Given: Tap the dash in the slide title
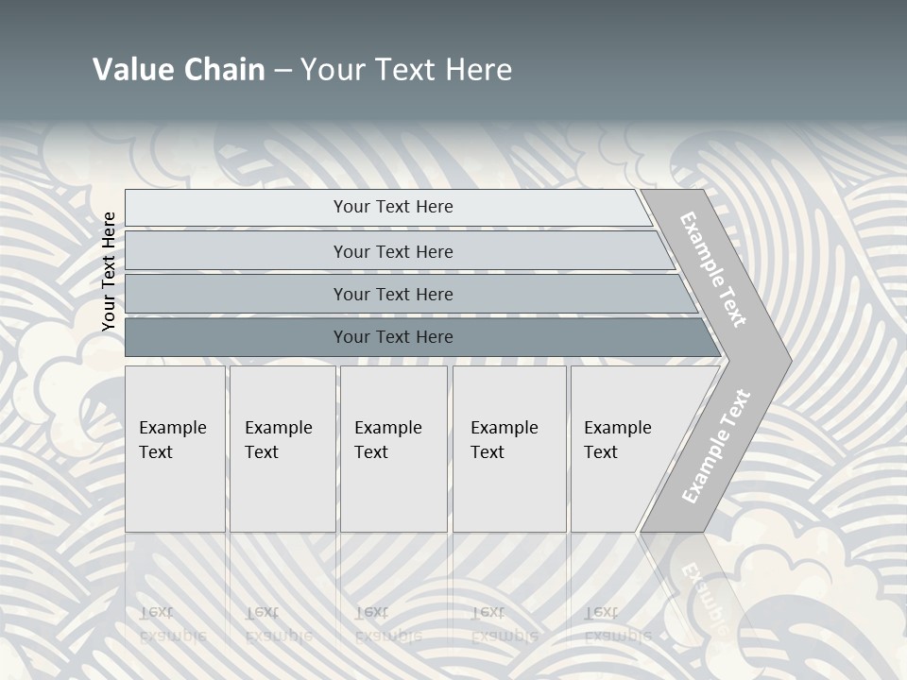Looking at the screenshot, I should pyautogui.click(x=282, y=70).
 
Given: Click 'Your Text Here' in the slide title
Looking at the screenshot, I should pyautogui.click(x=406, y=70).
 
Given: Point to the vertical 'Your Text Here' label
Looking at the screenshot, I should pyautogui.click(x=109, y=272).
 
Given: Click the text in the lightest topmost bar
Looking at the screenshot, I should pyautogui.click(x=393, y=207).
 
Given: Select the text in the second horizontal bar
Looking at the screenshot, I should pyautogui.click(x=393, y=252).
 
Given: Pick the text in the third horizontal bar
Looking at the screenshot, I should pyautogui.click(x=393, y=295).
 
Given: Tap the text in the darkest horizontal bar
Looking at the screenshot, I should pyautogui.click(x=393, y=337).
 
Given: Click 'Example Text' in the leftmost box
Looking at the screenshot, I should pyautogui.click(x=172, y=440).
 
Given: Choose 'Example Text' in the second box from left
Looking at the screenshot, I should pyautogui.click(x=278, y=440).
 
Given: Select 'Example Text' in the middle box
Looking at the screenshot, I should pyautogui.click(x=387, y=440).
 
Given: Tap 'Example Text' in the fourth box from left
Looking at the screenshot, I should pyautogui.click(x=504, y=440).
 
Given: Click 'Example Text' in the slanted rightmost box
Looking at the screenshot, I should pyautogui.click(x=617, y=440).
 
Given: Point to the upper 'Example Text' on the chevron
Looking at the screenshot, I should pyautogui.click(x=713, y=269).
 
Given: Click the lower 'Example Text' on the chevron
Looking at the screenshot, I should pyautogui.click(x=716, y=446).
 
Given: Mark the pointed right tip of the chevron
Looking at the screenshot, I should pyautogui.click(x=789, y=359).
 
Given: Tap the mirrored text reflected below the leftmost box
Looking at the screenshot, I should pyautogui.click(x=172, y=624).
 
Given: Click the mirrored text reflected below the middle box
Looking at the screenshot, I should pyautogui.click(x=387, y=624).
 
